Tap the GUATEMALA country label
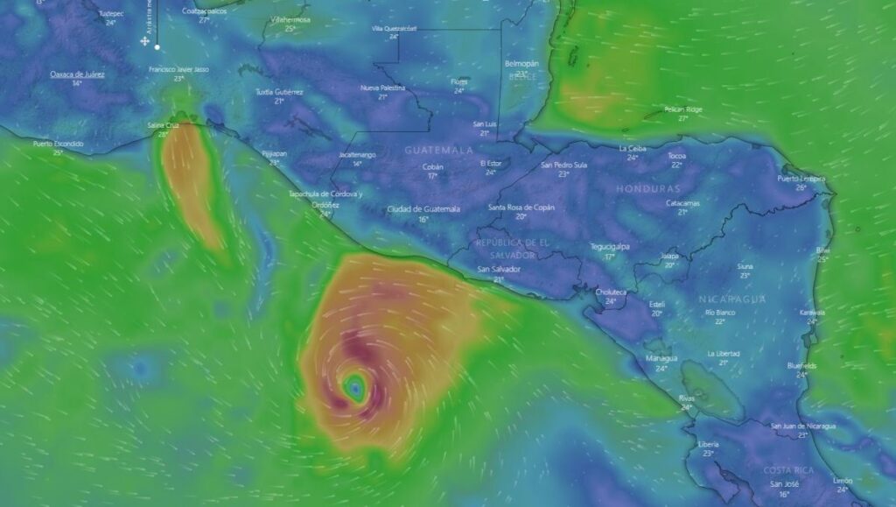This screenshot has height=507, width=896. pyautogui.click(x=438, y=150)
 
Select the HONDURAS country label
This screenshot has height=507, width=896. pyautogui.click(x=647, y=188)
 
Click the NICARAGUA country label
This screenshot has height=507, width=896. pyautogui.click(x=732, y=299)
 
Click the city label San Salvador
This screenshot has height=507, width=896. pyautogui.click(x=498, y=269)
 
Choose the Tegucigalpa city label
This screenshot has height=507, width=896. pyautogui.click(x=611, y=246)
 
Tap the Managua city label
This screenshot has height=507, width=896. pyautogui.click(x=661, y=358)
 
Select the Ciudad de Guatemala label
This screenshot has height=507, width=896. pyautogui.click(x=423, y=208)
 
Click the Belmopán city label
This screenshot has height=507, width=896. pyautogui.click(x=521, y=64)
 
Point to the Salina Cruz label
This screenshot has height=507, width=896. pyautogui.click(x=163, y=125)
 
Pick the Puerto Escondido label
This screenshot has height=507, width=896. pyautogui.click(x=59, y=143)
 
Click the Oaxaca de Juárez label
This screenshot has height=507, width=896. pyautogui.click(x=77, y=74)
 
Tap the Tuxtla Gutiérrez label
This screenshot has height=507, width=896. pyautogui.click(x=279, y=91)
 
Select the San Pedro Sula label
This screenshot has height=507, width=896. pyautogui.click(x=564, y=164)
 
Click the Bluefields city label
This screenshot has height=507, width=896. pyautogui.click(x=801, y=365)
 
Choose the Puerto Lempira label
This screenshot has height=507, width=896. pyautogui.click(x=801, y=178)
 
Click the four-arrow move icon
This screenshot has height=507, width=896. pyautogui.click(x=145, y=41)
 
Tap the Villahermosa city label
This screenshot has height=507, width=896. pyautogui.click(x=290, y=18)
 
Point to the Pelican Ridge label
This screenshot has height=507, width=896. pyautogui.click(x=682, y=109)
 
